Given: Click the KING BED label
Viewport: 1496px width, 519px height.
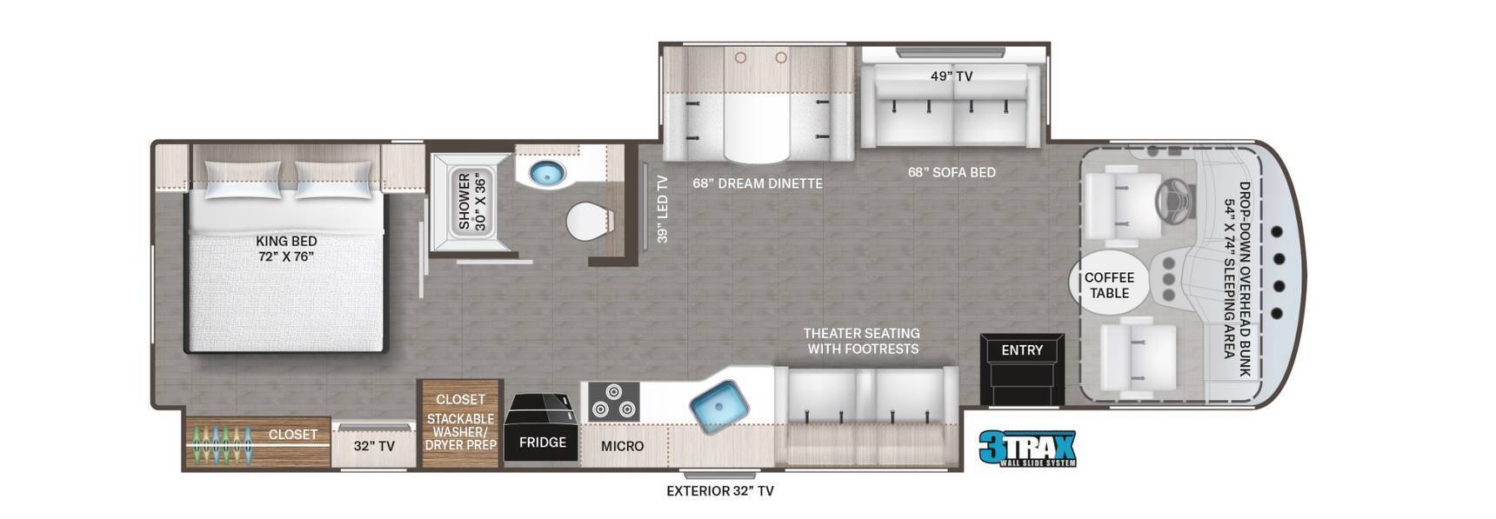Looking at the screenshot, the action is (286, 241).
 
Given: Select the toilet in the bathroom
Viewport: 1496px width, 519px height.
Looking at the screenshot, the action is (590, 222).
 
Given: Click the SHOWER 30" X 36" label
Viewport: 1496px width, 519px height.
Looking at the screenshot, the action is (472, 201).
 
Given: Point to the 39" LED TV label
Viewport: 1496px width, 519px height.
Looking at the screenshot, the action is (662, 209).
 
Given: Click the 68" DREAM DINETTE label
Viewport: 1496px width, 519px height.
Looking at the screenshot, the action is (758, 183).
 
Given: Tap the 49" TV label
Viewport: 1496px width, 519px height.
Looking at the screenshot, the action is (952, 77).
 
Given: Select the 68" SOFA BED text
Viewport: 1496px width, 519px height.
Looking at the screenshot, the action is (952, 172).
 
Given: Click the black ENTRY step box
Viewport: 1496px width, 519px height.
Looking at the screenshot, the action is (1022, 369).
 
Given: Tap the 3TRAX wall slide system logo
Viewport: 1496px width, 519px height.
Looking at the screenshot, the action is (1027, 449).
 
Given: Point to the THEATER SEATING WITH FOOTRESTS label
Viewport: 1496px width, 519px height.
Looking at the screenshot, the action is (861, 341).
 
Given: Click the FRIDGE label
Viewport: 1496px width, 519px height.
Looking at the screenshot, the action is (543, 442).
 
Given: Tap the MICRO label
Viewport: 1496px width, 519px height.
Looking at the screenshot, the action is (623, 446).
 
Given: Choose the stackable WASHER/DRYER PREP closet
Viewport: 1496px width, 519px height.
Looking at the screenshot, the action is (460, 423).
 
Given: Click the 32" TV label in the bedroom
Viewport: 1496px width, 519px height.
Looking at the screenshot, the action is (374, 446).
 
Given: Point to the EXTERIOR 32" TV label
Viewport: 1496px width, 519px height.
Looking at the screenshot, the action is (720, 491).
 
